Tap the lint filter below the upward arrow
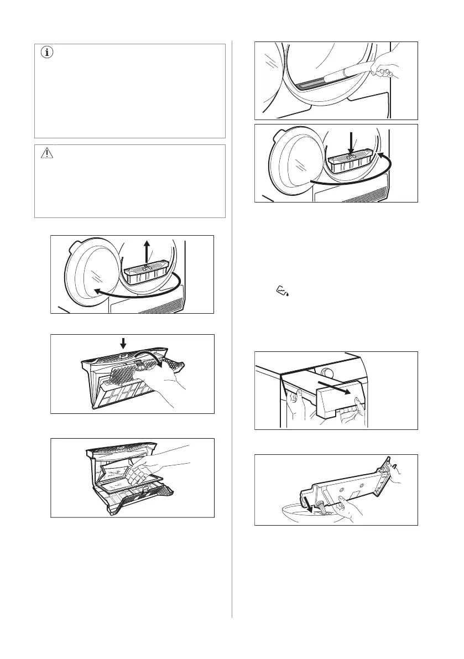tap(145, 274)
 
